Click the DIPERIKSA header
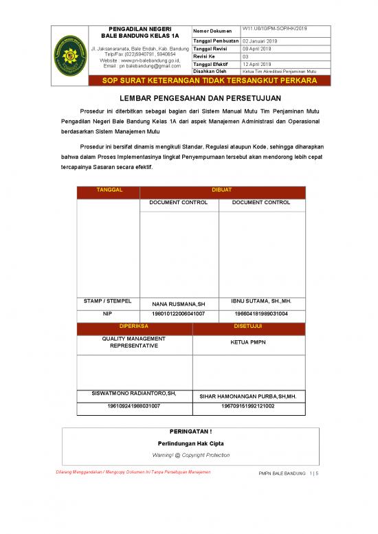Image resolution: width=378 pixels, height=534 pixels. [x=134, y=326]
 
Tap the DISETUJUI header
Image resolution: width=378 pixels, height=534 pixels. [x=247, y=326]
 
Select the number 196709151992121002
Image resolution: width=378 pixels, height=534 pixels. [x=247, y=407]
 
